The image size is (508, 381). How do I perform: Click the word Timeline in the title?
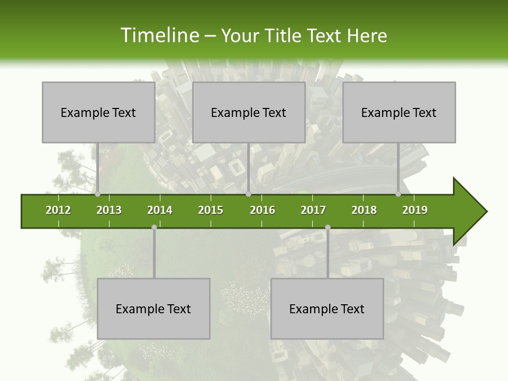tap(159, 35)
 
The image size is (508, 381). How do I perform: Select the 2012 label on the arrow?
tap(58, 210)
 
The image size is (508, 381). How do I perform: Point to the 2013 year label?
tap(109, 210)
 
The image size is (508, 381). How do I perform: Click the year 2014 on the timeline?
tap(160, 210)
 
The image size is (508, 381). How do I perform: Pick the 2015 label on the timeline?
tap(211, 210)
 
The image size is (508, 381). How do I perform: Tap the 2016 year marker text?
tap(262, 210)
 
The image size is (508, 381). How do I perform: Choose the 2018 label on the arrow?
tap(364, 210)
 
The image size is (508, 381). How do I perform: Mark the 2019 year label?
tap(415, 210)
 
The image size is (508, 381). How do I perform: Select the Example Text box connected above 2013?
tap(98, 112)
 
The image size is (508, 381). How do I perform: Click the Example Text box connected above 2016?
tap(249, 112)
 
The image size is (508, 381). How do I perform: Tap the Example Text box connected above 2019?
tap(399, 112)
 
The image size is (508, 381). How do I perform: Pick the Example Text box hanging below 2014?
tap(153, 309)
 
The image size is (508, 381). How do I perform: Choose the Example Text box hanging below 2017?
tap(327, 309)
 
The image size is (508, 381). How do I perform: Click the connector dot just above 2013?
tap(98, 194)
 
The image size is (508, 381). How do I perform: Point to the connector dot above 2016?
tap(248, 194)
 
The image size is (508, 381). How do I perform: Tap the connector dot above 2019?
tap(398, 194)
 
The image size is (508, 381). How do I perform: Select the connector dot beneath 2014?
tap(154, 227)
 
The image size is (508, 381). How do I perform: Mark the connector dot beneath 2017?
tap(328, 227)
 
